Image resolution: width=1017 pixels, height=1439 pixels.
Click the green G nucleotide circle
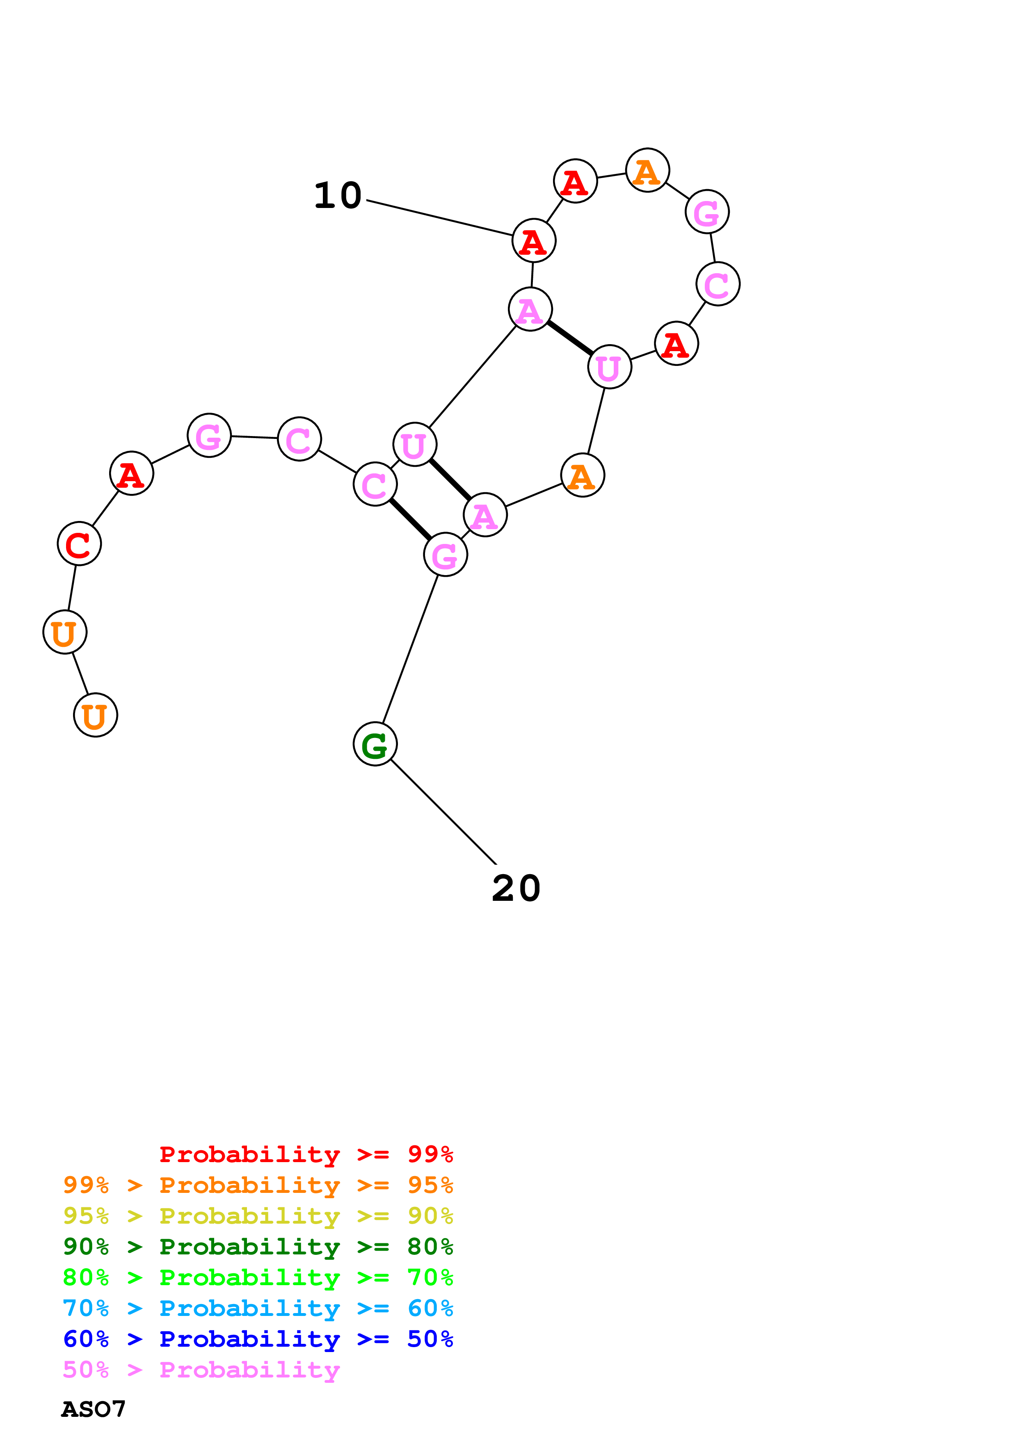[x=375, y=744]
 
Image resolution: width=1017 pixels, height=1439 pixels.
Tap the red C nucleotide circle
[x=79, y=544]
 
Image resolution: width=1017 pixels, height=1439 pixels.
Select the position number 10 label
[x=338, y=196]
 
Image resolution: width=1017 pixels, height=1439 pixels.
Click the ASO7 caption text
[x=94, y=1409]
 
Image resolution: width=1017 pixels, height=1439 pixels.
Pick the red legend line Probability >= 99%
[x=306, y=1154]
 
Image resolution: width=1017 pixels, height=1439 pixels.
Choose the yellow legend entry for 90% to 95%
[x=258, y=1216]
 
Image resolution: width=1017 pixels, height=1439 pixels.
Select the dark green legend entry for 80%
[x=258, y=1247]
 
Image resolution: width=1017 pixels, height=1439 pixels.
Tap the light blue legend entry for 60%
[x=258, y=1309]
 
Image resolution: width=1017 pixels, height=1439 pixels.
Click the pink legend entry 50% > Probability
[x=201, y=1370]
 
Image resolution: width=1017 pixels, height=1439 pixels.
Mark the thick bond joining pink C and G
[x=410, y=519]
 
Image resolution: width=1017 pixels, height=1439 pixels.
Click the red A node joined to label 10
[x=533, y=241]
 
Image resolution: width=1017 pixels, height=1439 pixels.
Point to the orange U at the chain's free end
[x=95, y=715]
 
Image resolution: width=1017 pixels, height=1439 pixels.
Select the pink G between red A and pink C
[x=209, y=436]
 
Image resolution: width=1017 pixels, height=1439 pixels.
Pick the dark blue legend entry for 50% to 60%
[x=258, y=1339]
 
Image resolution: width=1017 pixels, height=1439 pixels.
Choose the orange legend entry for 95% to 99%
[x=258, y=1185]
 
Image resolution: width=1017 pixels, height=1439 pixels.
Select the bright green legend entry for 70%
[x=258, y=1277]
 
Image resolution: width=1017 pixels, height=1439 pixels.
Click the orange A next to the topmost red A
[x=647, y=171]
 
